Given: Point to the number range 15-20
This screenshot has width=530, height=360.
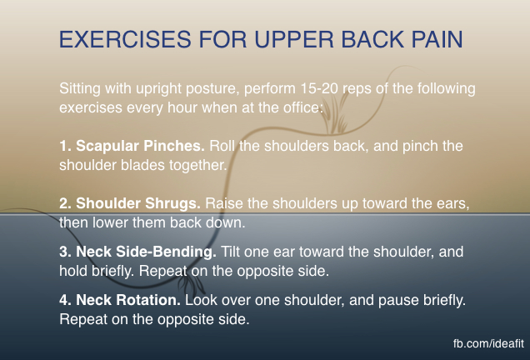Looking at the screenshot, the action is [x=319, y=88].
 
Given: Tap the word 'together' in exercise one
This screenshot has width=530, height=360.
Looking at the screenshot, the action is [x=198, y=166].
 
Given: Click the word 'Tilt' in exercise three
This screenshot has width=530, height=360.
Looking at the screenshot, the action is [x=230, y=252].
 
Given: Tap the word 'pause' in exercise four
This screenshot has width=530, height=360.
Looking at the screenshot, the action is [x=394, y=301].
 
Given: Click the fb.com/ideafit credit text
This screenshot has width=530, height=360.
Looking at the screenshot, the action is [x=489, y=343].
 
